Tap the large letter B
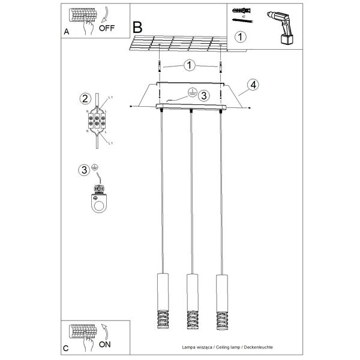pos(138,27)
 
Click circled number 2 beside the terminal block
pos(85,98)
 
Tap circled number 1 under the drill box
pos(240,37)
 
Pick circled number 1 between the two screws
pos(189,65)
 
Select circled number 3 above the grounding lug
pos(85,170)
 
